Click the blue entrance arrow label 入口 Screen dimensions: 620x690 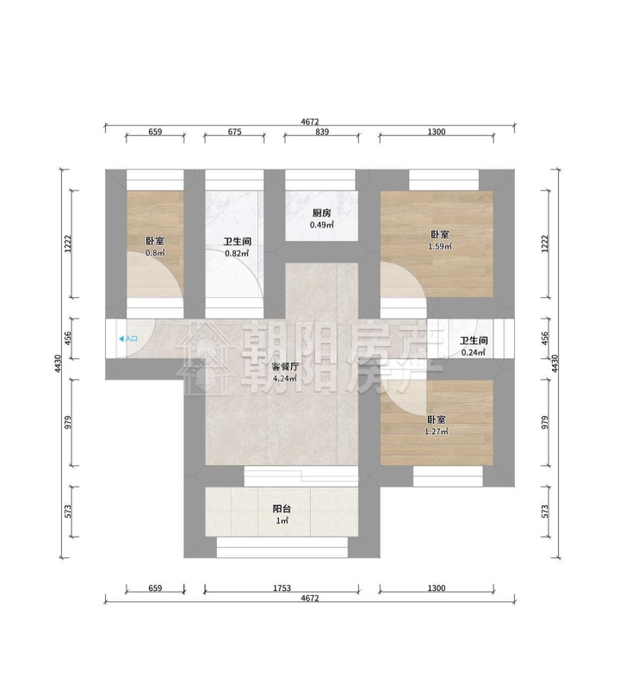tap(128, 339)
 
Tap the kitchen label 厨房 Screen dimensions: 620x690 tap(322, 214)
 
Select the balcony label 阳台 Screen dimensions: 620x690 tap(282, 509)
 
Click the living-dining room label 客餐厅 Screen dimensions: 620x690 tap(285, 367)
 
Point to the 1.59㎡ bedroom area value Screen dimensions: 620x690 tap(440, 246)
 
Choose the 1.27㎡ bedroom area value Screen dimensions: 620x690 tap(437, 432)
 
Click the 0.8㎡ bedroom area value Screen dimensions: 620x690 tap(155, 253)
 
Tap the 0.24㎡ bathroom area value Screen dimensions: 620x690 tap(474, 352)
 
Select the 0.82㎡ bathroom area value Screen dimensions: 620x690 tap(237, 253)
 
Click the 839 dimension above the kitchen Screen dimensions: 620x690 tap(322, 132)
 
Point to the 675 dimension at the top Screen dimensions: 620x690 tap(234, 132)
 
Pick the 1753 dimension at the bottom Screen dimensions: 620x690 tap(282, 587)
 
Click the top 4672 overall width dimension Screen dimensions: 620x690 tap(310, 122)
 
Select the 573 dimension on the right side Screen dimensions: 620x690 tap(545, 512)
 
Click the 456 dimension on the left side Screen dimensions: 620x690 tap(68, 339)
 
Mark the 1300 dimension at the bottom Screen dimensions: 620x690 tap(437, 587)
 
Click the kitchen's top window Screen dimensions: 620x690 tap(319, 180)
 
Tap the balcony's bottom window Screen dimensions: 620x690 tap(282, 547)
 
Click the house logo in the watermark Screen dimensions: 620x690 tap(206, 357)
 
